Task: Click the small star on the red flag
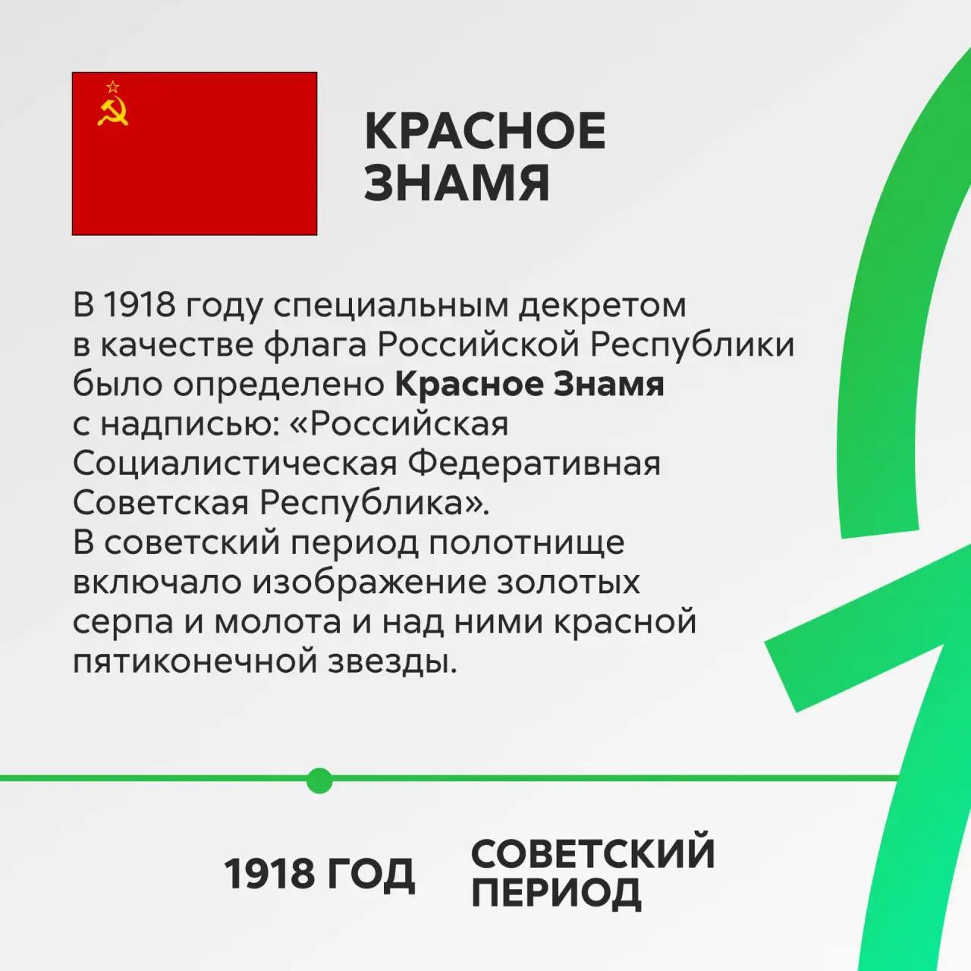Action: [113, 86]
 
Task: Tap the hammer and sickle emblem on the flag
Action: [112, 112]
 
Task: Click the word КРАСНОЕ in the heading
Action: [485, 131]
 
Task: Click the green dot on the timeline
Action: [319, 781]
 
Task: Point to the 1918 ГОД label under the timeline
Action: [319, 873]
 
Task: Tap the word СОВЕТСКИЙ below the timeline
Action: [593, 853]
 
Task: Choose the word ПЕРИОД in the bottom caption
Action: [556, 892]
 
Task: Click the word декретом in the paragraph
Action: [602, 306]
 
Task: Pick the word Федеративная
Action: [533, 464]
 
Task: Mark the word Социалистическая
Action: [235, 464]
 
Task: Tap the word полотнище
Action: [527, 543]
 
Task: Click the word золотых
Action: [568, 583]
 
